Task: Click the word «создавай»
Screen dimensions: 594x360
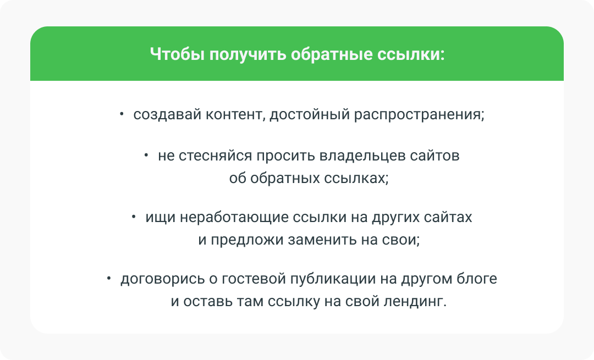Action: click(x=167, y=114)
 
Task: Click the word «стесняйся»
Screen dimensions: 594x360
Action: click(x=215, y=156)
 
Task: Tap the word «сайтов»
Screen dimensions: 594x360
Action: click(x=435, y=156)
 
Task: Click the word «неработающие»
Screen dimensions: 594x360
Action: click(x=234, y=218)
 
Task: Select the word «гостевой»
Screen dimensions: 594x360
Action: click(x=254, y=279)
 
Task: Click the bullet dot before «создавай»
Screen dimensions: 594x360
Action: click(x=122, y=114)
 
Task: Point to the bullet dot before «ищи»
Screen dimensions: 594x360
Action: click(x=134, y=217)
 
